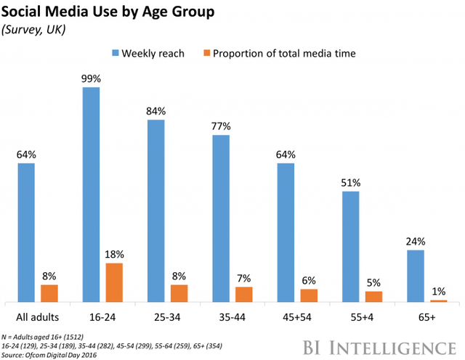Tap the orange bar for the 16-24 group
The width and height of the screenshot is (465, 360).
pos(113,282)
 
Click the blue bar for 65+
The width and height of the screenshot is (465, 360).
pos(416,276)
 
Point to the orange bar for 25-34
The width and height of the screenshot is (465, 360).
pos(178,292)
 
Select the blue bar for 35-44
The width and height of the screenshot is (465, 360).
pos(221,218)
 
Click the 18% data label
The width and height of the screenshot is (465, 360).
pos(114,254)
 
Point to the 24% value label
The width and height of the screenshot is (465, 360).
pos(416,242)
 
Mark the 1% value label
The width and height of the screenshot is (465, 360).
pos(440,291)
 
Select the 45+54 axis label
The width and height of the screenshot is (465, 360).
pos(297,317)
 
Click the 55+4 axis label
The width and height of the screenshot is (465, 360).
pos(361,317)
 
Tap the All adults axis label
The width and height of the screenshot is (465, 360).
pos(38,317)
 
